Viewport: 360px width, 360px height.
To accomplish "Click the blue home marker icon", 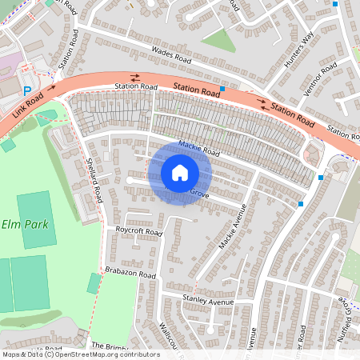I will coord(180,172).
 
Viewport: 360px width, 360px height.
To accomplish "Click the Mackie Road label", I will coord(199,147).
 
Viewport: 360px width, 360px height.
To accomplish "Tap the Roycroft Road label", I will coord(138,233).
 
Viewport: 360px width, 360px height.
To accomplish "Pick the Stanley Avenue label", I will coord(207,302).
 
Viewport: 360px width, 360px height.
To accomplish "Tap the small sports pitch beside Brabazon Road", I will coord(94,283).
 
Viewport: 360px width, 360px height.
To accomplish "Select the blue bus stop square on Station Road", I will coord(222,88).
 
